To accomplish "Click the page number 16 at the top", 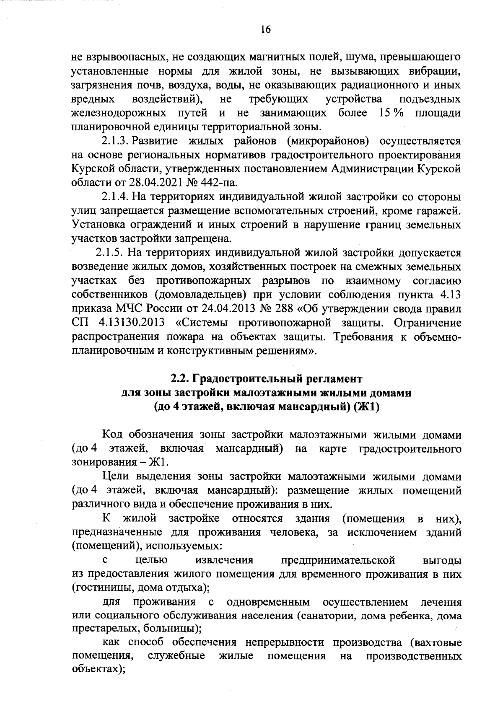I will click(266, 29).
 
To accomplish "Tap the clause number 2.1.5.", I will click(110, 253).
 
